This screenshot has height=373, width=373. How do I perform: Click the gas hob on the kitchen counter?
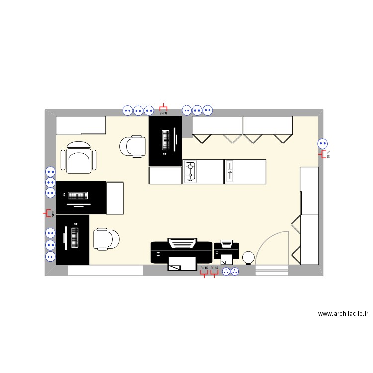[190, 172]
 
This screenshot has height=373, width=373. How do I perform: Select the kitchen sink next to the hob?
[230, 172]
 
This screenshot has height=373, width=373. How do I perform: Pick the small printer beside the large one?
[226, 251]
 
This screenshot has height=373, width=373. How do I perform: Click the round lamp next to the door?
[248, 257]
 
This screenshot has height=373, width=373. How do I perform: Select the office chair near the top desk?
[133, 146]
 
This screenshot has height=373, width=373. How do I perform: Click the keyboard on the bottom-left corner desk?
[75, 238]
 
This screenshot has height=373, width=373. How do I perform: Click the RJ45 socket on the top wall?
[163, 109]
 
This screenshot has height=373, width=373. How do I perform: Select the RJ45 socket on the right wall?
[325, 155]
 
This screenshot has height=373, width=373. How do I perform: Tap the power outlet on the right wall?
[322, 144]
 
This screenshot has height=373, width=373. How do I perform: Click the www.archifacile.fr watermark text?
[343, 314]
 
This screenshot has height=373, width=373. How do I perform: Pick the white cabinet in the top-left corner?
[81, 125]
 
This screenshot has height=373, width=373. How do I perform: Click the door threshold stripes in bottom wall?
[272, 271]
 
